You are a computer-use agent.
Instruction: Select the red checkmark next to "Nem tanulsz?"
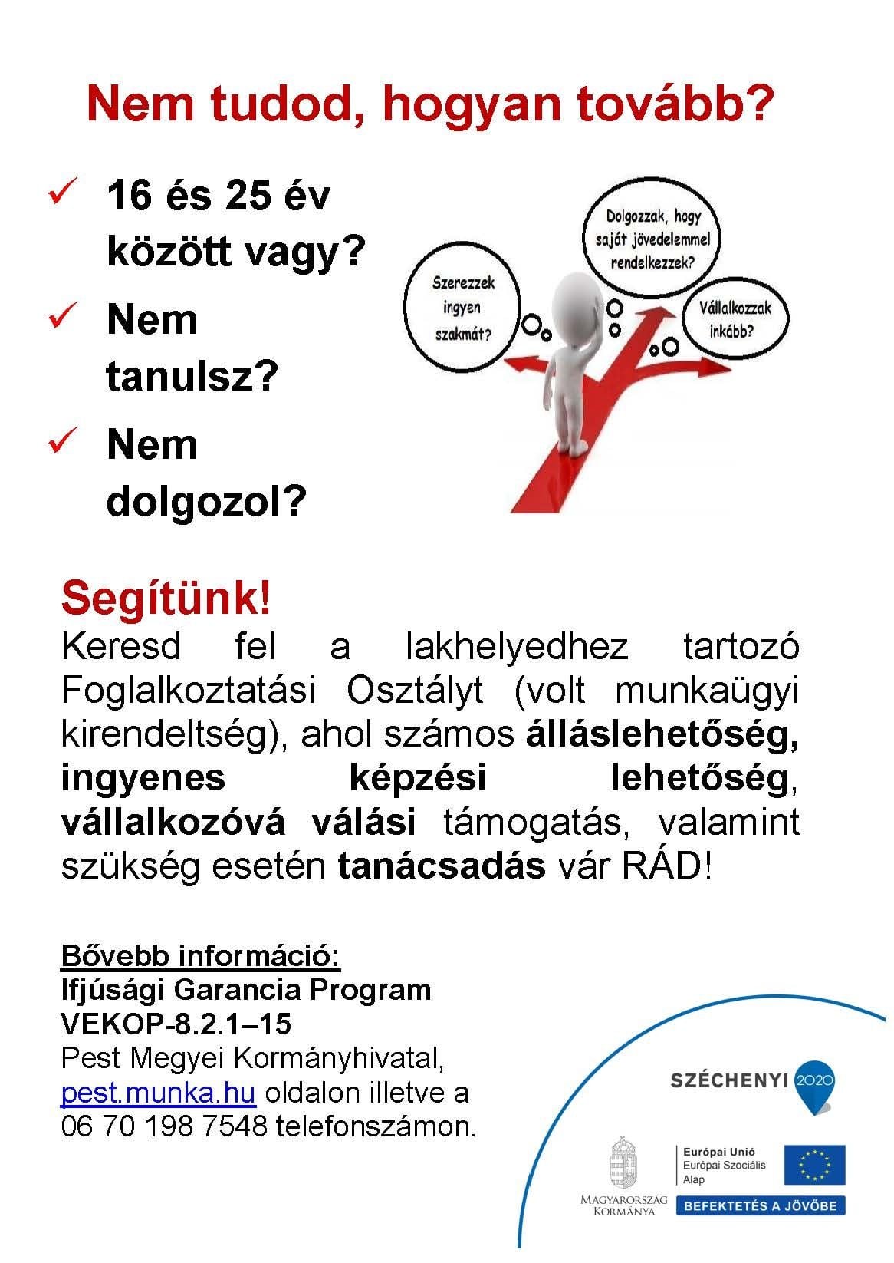click(x=61, y=318)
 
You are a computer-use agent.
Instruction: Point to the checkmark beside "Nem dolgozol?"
click(x=61, y=443)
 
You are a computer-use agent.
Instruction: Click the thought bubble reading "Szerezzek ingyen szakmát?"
click(x=462, y=308)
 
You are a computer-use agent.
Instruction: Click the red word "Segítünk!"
click(x=166, y=599)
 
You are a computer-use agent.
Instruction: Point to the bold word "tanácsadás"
click(x=441, y=866)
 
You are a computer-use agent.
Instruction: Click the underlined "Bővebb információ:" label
click(x=200, y=957)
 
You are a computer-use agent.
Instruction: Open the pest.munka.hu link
click(x=157, y=1093)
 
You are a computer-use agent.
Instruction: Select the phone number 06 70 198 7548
click(x=164, y=1126)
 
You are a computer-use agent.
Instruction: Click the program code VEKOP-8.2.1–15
click(x=176, y=1024)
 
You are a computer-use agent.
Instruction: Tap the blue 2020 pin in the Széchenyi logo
click(x=814, y=1082)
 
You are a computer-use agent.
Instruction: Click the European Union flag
click(x=813, y=1164)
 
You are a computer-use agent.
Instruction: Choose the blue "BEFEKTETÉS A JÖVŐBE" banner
click(x=761, y=1205)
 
